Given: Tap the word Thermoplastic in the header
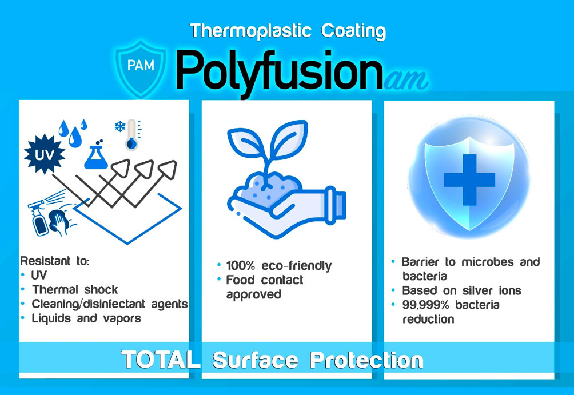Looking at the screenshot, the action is [251, 31].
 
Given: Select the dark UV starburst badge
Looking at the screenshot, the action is [45, 154].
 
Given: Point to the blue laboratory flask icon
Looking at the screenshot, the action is [96, 155].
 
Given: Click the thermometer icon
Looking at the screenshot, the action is [133, 134].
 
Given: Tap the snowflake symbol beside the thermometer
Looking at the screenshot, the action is [120, 127].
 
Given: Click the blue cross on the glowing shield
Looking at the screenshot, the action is [469, 179].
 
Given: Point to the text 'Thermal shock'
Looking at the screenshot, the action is [75, 290].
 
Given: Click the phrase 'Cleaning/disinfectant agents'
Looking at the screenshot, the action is [110, 304].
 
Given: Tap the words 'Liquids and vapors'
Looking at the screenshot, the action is [86, 318].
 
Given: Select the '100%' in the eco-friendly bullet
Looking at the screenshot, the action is [241, 265].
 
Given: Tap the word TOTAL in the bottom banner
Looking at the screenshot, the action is [161, 360].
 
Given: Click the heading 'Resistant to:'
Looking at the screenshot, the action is [55, 261].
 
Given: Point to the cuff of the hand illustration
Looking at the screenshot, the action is [336, 206].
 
